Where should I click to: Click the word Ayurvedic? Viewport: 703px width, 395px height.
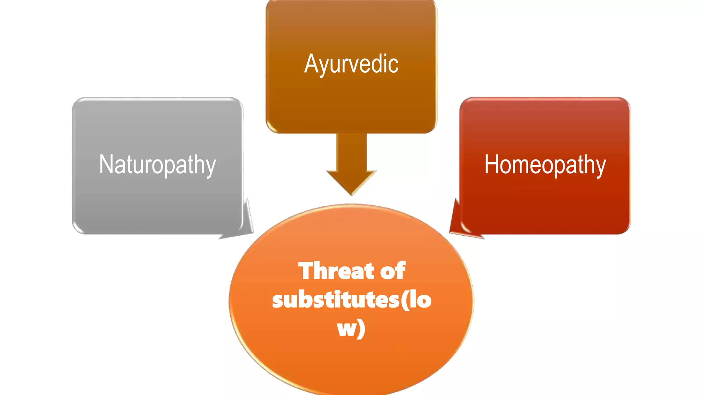[x=351, y=64]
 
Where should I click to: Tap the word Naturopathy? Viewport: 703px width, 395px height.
[x=157, y=165]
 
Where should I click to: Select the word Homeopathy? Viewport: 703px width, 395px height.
[x=545, y=165]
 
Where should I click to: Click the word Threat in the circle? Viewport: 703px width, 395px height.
[x=336, y=271]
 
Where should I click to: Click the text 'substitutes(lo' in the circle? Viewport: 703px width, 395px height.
[x=351, y=300]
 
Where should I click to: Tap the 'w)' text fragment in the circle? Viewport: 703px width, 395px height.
[x=351, y=328]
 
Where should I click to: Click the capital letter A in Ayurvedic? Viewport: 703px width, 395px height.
[x=311, y=64]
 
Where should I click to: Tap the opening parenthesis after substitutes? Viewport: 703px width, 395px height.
[x=404, y=300]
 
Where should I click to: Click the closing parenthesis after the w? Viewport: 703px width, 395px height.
[x=361, y=328]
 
